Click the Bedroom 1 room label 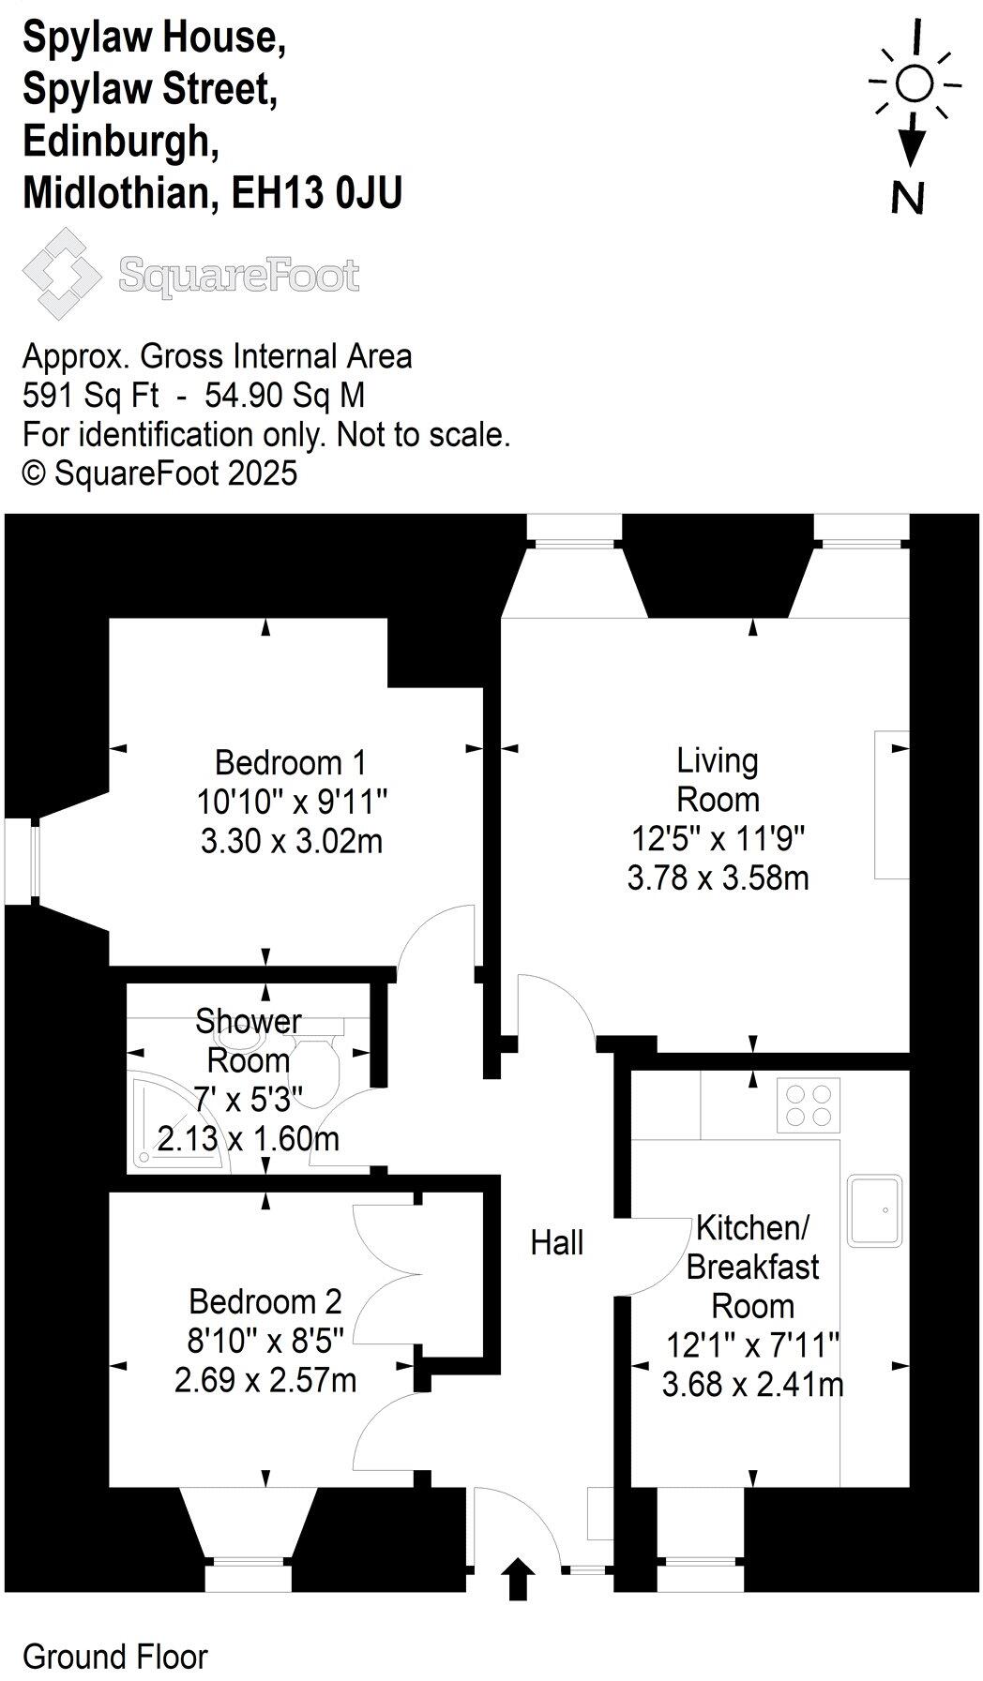(290, 762)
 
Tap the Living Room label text (718, 780)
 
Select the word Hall (557, 1243)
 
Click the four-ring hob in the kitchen (809, 1104)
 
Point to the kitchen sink (874, 1210)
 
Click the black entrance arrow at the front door (519, 1580)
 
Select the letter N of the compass (907, 198)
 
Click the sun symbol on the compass (914, 84)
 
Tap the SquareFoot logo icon (62, 274)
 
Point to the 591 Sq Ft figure (90, 396)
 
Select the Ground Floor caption (114, 1657)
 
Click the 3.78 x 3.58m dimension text (718, 878)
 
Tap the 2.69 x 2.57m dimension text (265, 1381)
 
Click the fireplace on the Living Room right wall (892, 804)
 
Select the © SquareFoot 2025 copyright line (159, 473)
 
